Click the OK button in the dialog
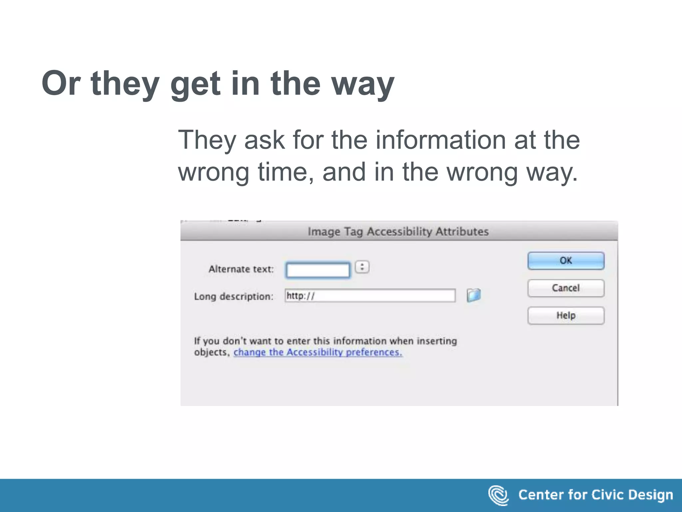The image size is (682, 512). tap(566, 261)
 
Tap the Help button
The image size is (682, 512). tap(566, 315)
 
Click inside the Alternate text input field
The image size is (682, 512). tap(318, 270)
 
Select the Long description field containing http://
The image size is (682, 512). tap(370, 296)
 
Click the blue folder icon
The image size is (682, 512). tap(474, 295)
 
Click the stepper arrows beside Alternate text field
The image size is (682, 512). tap(362, 267)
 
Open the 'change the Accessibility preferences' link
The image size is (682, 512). tap(318, 352)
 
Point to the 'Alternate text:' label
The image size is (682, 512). tap(241, 269)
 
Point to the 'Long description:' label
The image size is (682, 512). tap(233, 296)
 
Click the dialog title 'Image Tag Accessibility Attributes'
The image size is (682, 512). tap(398, 231)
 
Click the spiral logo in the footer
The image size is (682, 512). tap(498, 495)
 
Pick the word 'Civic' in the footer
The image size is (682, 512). tap(605, 495)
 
